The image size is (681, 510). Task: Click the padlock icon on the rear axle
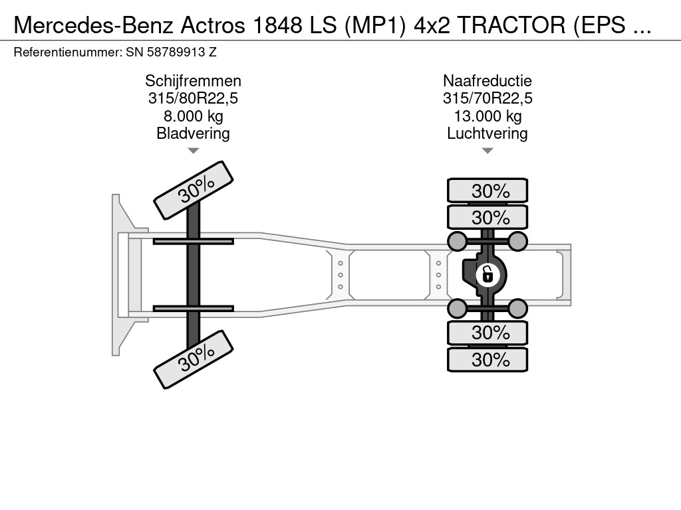pos(487,274)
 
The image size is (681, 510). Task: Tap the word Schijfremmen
pos(193,81)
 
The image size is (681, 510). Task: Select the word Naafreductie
pos(487,81)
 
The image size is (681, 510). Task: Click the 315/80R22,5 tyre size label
pos(193,99)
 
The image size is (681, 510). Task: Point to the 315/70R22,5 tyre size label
pos(487,99)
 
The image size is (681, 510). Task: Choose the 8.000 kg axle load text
pos(193,116)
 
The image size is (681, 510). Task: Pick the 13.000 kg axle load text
pos(487,116)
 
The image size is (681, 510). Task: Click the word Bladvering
pos(193,133)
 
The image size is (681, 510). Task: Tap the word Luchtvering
pos(487,133)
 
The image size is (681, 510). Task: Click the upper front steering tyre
pos(194,190)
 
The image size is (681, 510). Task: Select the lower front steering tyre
pos(194,359)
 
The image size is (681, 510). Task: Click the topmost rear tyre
pos(487,191)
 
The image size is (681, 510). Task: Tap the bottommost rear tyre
pos(487,360)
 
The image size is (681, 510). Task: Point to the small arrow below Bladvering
pos(193,151)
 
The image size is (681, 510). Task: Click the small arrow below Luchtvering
pos(487,151)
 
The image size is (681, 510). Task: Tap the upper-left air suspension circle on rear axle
pos(457,240)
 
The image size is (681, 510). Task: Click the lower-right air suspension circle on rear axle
pos(518,307)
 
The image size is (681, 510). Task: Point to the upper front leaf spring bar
pos(193,241)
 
